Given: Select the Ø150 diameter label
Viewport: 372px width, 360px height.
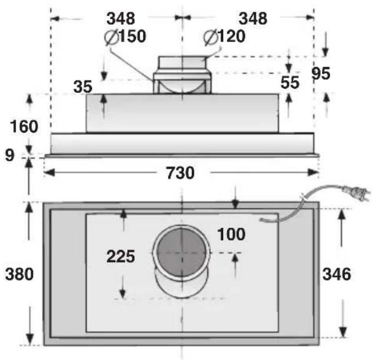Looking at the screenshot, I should pos(125,36).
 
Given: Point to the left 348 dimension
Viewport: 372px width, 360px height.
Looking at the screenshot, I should pos(121,18).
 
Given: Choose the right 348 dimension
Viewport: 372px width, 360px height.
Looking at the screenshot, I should pos(253,18).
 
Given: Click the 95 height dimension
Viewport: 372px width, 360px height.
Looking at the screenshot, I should pos(321,74).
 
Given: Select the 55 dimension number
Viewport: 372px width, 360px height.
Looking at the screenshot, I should pos(290,83).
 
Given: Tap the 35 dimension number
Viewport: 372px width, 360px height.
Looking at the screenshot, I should pos(83,86).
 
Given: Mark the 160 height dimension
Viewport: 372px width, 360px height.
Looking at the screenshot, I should pos(24,126).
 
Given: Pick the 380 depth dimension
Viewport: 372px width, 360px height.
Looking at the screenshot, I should pos(19,274).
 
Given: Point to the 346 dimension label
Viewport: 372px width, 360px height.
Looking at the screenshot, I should pos(337,274).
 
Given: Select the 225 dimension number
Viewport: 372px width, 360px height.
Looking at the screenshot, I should pos(120,256).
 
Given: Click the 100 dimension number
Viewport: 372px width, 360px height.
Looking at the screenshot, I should pos(231,234).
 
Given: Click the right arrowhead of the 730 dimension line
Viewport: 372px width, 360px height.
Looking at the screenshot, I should pos(314,173).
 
